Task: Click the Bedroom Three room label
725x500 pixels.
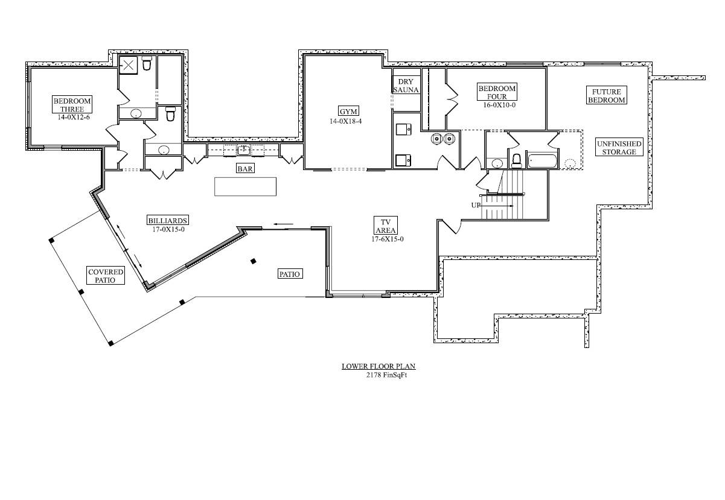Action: [x=72, y=104]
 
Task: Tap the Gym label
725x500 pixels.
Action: [x=348, y=111]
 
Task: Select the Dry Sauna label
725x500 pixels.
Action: [x=406, y=86]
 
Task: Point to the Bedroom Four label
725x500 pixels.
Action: [x=497, y=92]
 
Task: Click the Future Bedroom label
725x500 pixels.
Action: [x=606, y=95]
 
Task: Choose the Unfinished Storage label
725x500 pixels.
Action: [x=619, y=147]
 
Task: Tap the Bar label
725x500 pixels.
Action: [x=245, y=168]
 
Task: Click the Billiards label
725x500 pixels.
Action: [x=168, y=220]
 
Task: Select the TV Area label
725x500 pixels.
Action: [x=386, y=226]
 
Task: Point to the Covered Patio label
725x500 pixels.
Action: [x=106, y=276]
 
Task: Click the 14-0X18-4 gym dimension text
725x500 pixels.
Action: [x=346, y=121]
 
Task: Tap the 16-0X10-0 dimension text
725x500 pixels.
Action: [x=499, y=105]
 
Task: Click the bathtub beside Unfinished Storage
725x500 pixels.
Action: [x=542, y=161]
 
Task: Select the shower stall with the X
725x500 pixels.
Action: [x=128, y=65]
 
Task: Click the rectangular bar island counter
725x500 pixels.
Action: [x=245, y=186]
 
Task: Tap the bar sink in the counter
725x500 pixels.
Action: [x=244, y=150]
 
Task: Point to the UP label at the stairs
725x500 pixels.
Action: [x=476, y=205]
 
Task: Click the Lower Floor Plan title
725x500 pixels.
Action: [x=378, y=366]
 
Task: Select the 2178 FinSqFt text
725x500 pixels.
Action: [x=386, y=375]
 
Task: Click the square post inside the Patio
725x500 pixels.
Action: [x=254, y=261]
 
